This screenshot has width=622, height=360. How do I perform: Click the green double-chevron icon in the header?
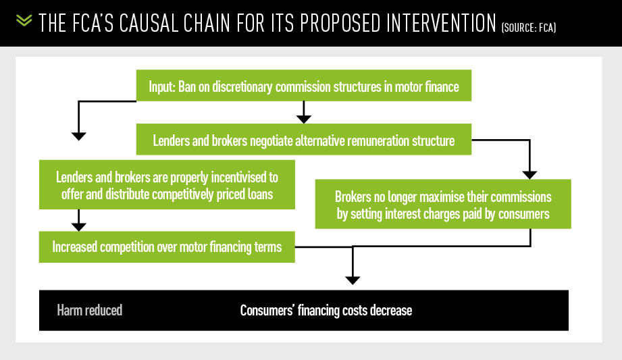tap(24, 20)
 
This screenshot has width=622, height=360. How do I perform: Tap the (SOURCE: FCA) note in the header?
tap(528, 28)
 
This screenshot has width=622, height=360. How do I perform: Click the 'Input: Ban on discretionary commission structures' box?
tap(304, 85)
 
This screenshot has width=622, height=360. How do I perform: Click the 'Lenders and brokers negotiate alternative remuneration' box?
tap(304, 139)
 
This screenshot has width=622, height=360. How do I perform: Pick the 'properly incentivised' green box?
tap(167, 184)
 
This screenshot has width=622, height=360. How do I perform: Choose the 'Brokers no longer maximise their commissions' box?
tap(443, 204)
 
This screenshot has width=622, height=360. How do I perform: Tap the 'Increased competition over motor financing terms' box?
tap(167, 247)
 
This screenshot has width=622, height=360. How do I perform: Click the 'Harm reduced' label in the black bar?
tap(90, 311)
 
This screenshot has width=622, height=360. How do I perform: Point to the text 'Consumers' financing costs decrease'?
tap(326, 311)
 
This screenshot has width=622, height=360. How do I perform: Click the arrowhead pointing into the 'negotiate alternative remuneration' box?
tap(304, 120)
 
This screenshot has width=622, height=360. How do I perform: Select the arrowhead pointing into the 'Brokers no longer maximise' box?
tap(529, 175)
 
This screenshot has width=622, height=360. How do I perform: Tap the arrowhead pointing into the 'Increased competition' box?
tap(78, 227)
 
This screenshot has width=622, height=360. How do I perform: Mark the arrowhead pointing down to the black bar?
tap(353, 280)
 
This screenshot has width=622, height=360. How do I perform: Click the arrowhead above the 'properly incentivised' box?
tap(78, 136)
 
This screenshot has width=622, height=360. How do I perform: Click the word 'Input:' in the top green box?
tap(162, 86)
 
